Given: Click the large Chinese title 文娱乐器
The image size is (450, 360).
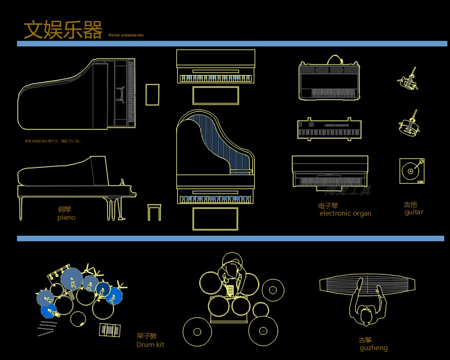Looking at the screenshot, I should click(x=63, y=30).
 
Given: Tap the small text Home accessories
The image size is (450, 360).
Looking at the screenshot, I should click(x=126, y=35).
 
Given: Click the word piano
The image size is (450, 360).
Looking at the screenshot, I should click(x=66, y=218).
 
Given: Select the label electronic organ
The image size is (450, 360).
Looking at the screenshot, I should click(x=345, y=213).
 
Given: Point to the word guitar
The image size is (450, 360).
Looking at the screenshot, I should click(x=414, y=212).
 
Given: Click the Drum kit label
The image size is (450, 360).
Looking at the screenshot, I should click(x=150, y=345).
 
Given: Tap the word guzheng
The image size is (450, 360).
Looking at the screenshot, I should click(x=373, y=348).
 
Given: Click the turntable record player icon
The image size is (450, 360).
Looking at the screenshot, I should click(x=412, y=171).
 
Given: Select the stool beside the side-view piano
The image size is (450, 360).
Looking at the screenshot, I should click(x=154, y=212).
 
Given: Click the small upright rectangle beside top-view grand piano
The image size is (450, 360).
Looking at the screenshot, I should click(x=152, y=94).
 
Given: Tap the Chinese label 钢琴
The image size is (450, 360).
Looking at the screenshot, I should click(x=64, y=209).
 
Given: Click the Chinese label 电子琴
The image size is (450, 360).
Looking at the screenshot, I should click(x=328, y=206).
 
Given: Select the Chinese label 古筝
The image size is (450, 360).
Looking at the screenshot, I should click(x=365, y=340).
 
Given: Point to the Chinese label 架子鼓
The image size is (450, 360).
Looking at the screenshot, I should click(x=147, y=336).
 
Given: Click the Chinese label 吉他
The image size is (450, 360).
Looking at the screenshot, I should click(x=410, y=205).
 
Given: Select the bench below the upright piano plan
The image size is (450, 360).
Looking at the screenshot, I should click(x=216, y=95).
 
